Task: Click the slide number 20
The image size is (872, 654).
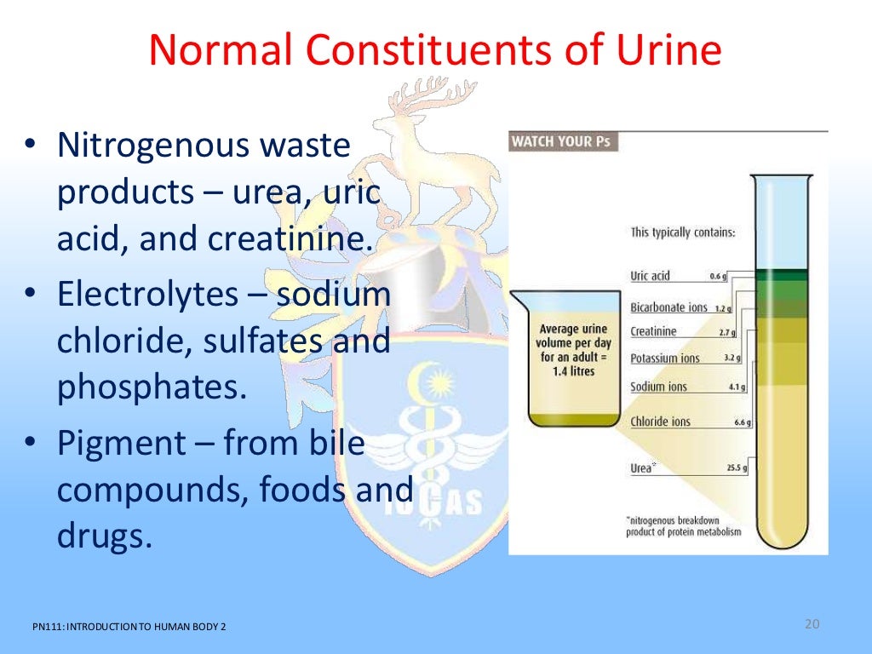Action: (x=811, y=625)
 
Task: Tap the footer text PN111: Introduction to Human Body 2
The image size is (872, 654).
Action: (x=129, y=628)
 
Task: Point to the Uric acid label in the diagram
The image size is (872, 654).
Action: (x=651, y=276)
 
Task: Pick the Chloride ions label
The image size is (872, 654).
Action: (x=660, y=421)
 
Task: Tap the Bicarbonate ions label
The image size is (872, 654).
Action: (x=668, y=307)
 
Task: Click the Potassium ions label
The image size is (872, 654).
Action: (x=664, y=359)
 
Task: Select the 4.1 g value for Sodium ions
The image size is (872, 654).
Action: (x=736, y=387)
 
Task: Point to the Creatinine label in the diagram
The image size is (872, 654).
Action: (x=653, y=331)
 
